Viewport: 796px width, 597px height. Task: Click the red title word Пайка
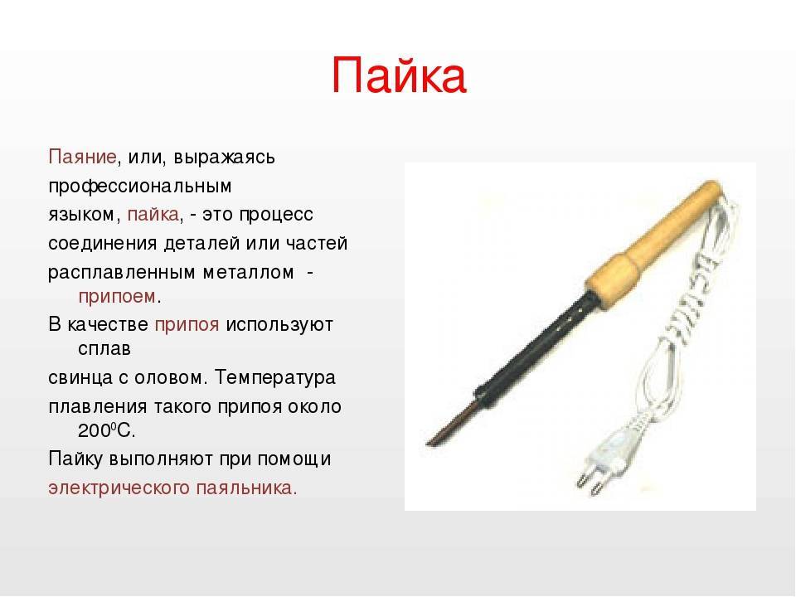399,75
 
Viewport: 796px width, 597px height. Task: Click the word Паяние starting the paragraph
83,157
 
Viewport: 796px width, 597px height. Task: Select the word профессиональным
140,187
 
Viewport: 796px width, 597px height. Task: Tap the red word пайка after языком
153,214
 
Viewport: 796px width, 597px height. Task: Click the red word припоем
117,297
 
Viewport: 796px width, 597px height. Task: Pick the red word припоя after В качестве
187,325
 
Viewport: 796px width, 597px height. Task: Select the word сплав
104,349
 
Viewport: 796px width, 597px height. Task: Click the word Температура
275,378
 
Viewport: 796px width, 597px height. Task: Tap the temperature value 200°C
107,431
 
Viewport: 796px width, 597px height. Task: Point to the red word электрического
119,488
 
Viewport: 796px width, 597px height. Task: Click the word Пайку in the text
76,459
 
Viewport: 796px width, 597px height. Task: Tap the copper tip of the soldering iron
451,422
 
